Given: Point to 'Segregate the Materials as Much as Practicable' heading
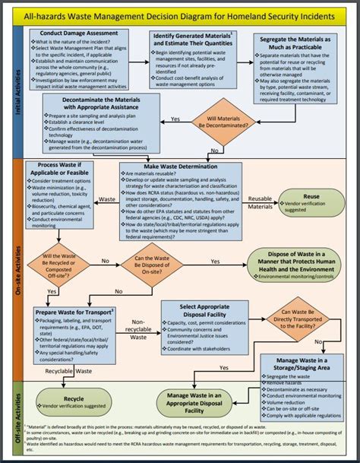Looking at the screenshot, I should (x=297, y=44).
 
